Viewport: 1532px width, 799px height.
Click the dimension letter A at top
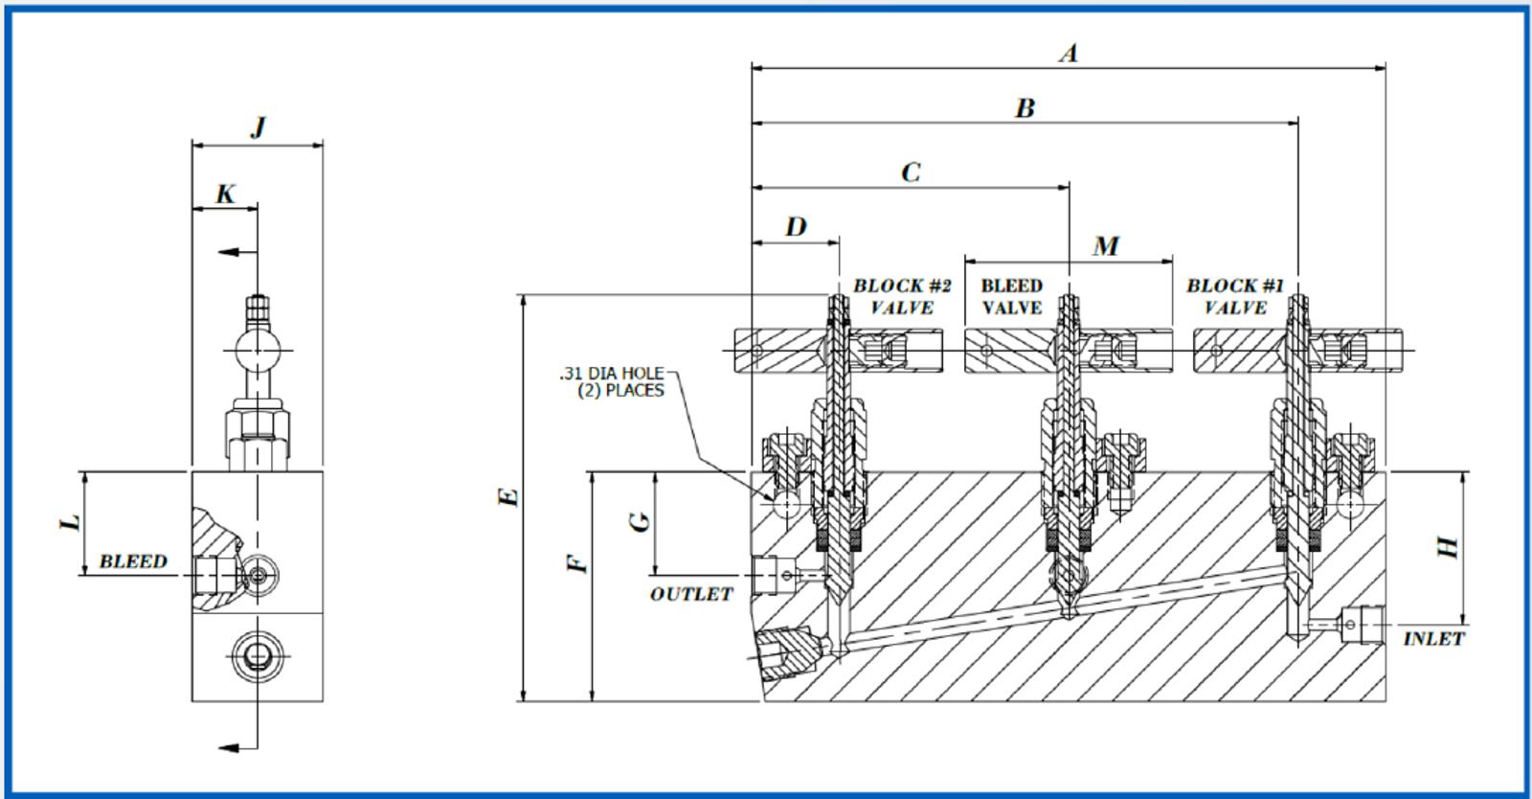pos(1069,53)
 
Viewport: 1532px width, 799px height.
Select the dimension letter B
pos(1025,108)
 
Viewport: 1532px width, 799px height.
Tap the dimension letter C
pos(911,172)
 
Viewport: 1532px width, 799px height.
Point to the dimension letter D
pos(796,227)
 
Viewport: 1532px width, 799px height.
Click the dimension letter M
pos(1106,247)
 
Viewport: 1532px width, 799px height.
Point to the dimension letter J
pos(257,127)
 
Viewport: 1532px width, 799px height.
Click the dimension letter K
pos(225,194)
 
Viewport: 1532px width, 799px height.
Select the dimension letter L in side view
pos(71,523)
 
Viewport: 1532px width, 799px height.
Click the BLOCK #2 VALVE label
pos(901,296)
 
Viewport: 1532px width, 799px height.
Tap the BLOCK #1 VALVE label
pos(1234,296)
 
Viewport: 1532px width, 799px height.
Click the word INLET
pos(1433,638)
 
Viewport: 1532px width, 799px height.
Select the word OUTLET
pos(691,594)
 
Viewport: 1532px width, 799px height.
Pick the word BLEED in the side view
pos(133,561)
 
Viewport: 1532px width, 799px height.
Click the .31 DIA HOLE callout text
pos(612,381)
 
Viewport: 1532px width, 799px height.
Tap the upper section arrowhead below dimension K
pos(228,252)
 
